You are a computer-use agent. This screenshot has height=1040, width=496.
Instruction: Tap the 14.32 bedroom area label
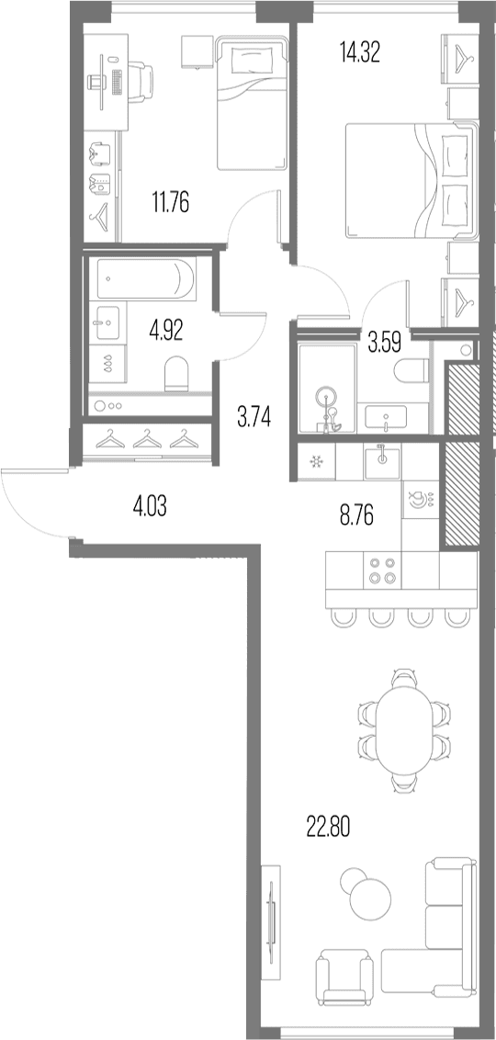[x=359, y=51]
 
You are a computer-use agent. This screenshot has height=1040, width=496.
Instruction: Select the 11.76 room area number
[x=171, y=202]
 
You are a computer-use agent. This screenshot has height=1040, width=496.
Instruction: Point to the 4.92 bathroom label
[x=165, y=330]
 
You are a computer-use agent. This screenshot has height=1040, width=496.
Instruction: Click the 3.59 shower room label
[x=383, y=345]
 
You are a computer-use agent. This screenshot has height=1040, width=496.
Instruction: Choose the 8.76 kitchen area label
[x=357, y=516]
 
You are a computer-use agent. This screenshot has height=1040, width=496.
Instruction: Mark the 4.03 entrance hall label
[x=151, y=509]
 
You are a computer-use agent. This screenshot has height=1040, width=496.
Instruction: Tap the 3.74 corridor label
[x=254, y=419]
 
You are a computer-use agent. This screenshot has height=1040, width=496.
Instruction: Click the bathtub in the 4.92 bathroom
[x=146, y=279]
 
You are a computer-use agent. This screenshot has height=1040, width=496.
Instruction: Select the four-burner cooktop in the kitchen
[x=382, y=570]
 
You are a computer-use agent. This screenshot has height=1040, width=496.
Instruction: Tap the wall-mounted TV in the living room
[x=271, y=921]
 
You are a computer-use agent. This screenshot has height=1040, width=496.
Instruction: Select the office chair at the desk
[x=140, y=80]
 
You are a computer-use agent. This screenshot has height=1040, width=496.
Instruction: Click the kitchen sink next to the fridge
[x=383, y=460]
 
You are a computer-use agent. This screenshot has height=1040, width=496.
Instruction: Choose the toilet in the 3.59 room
[x=411, y=371]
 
